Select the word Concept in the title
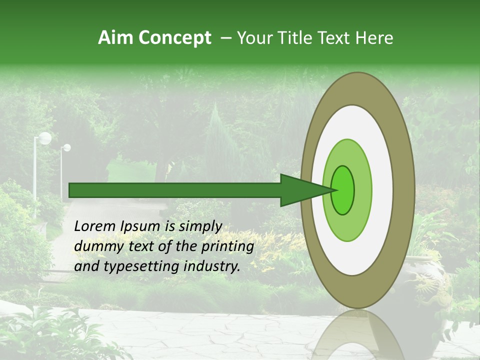coord(174,38)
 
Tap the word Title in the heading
coord(298,38)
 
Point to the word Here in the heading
coord(374,38)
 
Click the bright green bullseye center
coord(343,190)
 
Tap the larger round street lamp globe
coord(45,138)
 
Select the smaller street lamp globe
coord(66,147)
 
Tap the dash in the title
coord(226,38)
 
